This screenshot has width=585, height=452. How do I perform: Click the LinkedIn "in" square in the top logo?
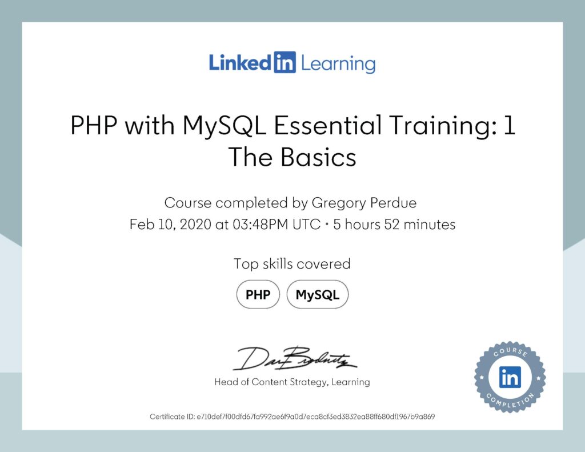[285, 63]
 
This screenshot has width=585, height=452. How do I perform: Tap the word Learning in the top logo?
[338, 63]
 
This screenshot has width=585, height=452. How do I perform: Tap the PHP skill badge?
[258, 295]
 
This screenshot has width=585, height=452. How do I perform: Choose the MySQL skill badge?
[317, 295]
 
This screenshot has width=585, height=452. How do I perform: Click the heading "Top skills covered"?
[292, 263]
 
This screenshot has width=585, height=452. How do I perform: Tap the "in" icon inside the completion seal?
[510, 377]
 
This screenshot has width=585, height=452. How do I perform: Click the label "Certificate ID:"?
[172, 417]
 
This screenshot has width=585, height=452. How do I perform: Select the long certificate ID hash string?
[315, 417]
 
